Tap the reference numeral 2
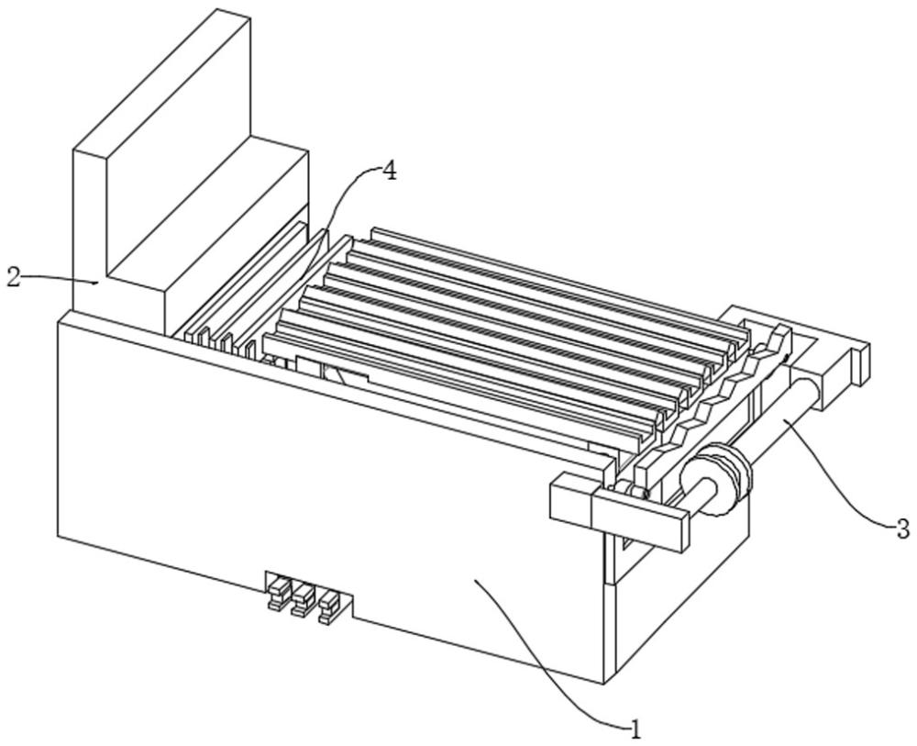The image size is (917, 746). tap(14, 277)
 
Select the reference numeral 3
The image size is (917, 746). tap(903, 529)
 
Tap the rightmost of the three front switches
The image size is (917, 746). tap(328, 607)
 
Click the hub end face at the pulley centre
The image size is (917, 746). tap(707, 485)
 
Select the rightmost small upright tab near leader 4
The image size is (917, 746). tap(250, 349)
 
